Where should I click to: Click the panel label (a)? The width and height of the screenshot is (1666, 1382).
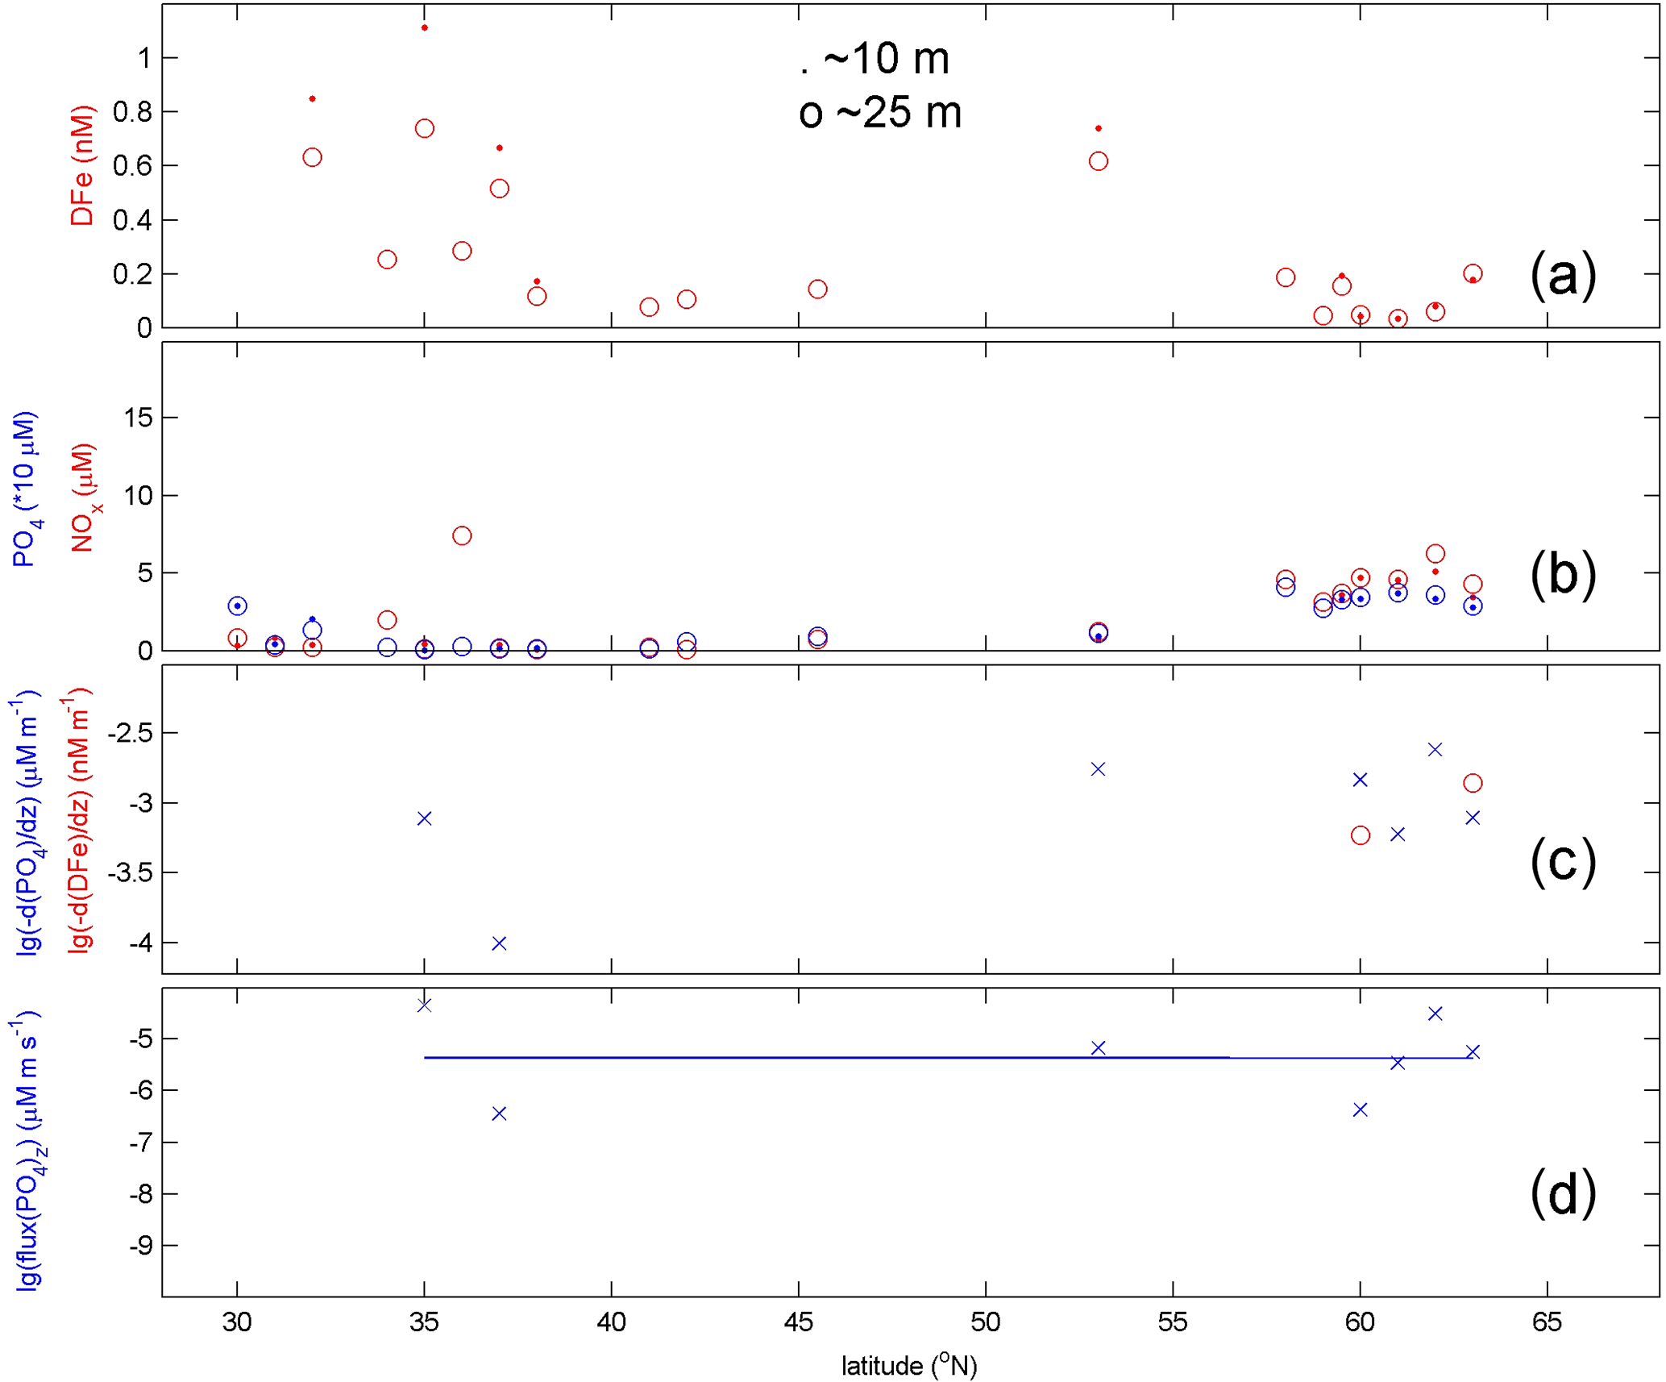pos(1561,275)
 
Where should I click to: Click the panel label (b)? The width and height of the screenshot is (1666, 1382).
pos(1561,574)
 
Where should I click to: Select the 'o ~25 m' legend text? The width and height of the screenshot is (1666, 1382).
pos(879,112)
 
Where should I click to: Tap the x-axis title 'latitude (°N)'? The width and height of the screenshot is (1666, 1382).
pos(908,1365)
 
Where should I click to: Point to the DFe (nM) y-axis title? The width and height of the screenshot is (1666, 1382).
pos(81,165)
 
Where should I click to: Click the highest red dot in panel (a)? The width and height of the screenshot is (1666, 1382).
pos(425,28)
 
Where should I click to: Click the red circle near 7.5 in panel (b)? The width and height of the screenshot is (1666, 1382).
pos(462,536)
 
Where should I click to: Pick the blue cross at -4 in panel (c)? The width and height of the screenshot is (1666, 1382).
pos(499,943)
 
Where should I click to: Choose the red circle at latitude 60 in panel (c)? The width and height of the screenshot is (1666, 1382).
pos(1361,835)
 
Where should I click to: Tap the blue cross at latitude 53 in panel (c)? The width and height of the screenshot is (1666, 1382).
pos(1098,769)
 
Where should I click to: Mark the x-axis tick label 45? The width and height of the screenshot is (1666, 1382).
pos(798,1322)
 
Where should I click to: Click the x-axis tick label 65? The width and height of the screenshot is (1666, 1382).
pos(1547,1322)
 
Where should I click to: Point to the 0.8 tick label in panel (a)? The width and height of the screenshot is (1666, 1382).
pos(132,112)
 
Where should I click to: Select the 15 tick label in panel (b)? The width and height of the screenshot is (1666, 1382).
pos(138,418)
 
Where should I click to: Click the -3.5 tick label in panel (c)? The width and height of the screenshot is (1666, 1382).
pos(129,873)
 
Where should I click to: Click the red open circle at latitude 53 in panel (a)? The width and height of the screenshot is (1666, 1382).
pos(1098,162)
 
